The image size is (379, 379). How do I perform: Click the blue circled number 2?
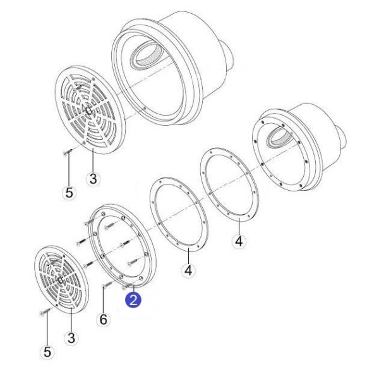tap(133, 300)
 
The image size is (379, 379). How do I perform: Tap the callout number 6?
tap(103, 320)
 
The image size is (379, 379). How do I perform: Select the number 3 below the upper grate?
tap(93, 179)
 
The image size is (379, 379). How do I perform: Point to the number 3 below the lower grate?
tap(71, 338)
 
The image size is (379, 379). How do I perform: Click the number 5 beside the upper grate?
tap(69, 193)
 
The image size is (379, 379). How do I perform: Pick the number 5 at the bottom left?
tap(47, 352)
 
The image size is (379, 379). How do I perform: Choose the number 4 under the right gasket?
tap(239, 241)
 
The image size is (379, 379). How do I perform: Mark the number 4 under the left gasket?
tap(188, 270)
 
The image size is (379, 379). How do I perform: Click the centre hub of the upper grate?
tap(88, 111)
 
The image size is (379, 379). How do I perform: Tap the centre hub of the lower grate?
tap(60, 280)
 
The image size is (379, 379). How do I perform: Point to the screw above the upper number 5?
tap(68, 152)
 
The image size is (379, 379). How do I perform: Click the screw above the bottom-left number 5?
tap(45, 312)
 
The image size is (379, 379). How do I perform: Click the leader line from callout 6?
tap(104, 299)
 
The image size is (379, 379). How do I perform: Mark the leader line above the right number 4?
tap(239, 226)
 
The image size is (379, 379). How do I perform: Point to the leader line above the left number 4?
tap(188, 256)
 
